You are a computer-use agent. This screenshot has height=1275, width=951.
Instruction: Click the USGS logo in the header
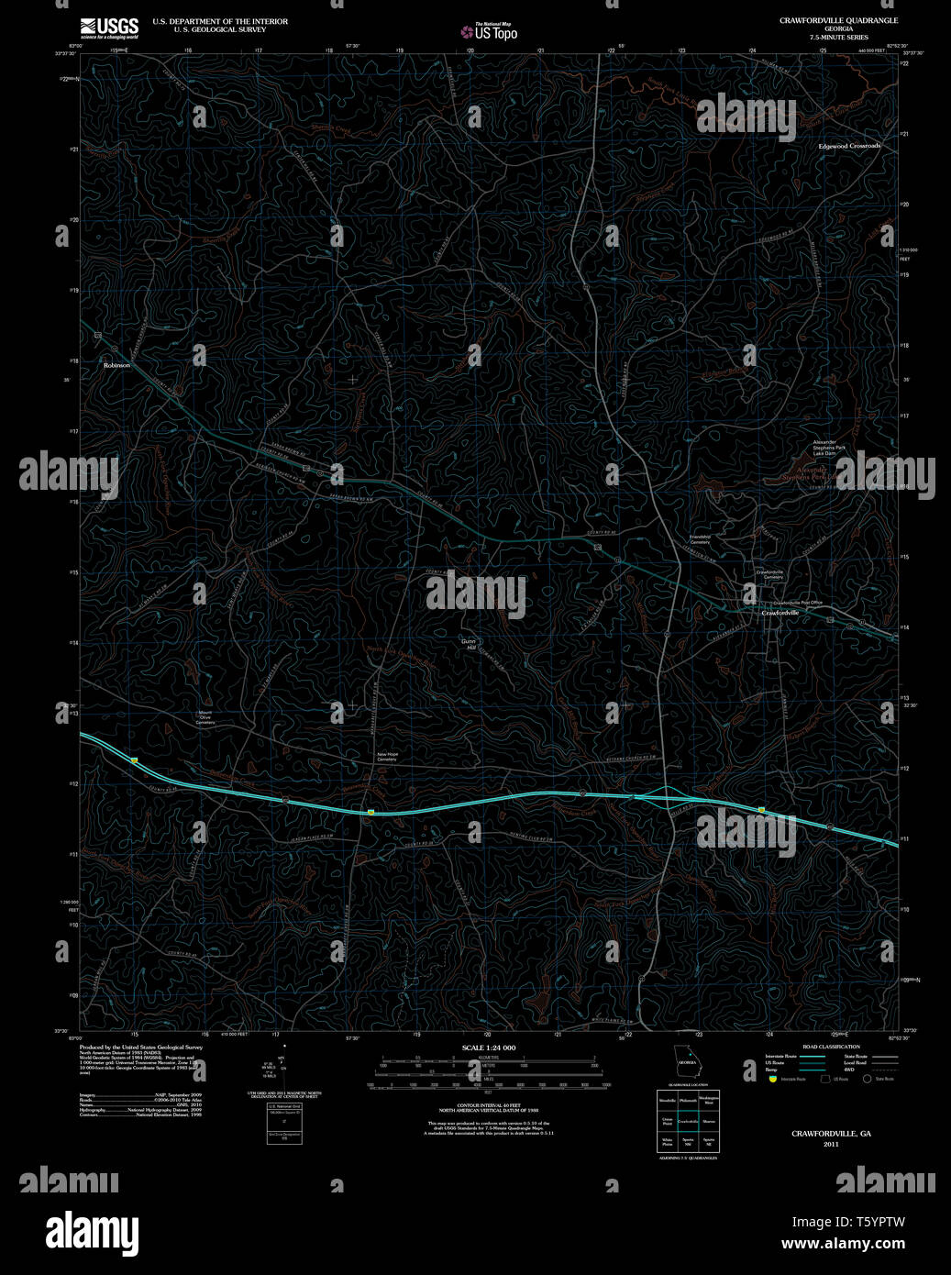click(x=109, y=28)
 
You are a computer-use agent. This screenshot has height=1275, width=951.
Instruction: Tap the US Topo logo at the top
click(x=490, y=31)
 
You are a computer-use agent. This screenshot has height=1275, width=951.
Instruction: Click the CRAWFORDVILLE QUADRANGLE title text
click(x=838, y=20)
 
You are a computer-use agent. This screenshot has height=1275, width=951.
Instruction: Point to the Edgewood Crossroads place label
click(x=849, y=147)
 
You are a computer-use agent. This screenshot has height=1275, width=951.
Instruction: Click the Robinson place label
click(x=117, y=365)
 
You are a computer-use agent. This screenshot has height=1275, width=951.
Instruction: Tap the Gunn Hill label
click(x=471, y=645)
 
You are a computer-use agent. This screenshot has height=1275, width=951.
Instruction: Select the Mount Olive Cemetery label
click(x=205, y=717)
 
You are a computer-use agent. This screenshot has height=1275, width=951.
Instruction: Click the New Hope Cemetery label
click(x=387, y=757)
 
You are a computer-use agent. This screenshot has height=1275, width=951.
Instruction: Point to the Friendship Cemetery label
click(x=701, y=539)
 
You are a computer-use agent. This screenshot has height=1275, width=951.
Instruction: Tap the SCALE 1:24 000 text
click(x=489, y=1048)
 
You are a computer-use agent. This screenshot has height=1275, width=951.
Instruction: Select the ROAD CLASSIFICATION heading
click(x=831, y=1047)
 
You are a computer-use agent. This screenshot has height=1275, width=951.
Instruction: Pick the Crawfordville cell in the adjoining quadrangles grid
click(x=688, y=1121)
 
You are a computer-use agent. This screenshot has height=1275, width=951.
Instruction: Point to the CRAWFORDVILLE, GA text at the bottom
click(x=831, y=1134)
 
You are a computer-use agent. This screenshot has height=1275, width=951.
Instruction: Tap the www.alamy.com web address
click(x=843, y=1244)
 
